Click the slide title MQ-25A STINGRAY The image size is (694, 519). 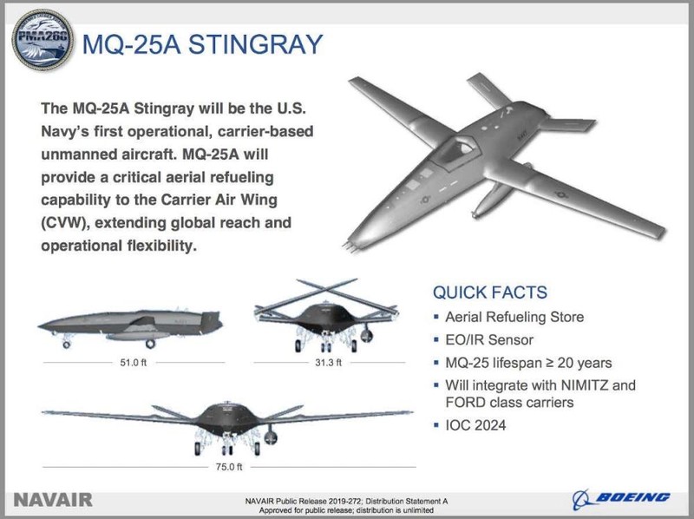click(202, 45)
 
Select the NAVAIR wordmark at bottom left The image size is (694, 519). click(54, 499)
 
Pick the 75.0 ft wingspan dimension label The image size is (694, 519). click(229, 467)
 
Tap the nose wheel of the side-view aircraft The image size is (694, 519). click(66, 345)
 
